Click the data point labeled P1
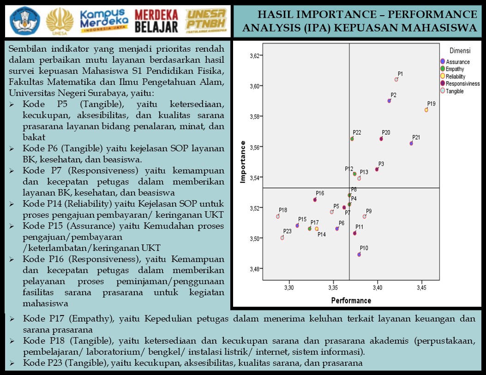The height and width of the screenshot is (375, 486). point(396,80)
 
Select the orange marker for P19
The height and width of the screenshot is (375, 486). point(426,110)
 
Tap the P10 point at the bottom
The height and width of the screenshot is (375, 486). point(359,254)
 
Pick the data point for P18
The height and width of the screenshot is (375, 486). point(278,216)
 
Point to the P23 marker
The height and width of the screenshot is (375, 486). point(282,238)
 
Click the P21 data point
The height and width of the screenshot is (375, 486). point(411,143)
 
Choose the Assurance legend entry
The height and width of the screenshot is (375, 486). point(457,62)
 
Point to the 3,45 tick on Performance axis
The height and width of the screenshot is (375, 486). point(421,288)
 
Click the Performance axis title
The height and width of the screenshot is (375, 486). point(351,301)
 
